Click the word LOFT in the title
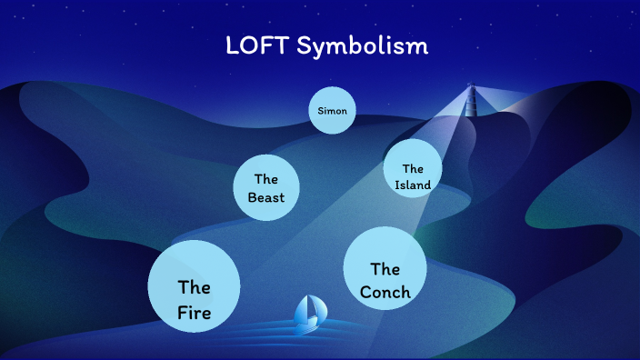[x=256, y=45]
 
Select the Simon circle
[x=331, y=111]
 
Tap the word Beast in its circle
[x=266, y=197]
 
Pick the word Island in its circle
[x=413, y=185]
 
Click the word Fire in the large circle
[x=194, y=314]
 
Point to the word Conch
[x=385, y=292]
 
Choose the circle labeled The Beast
[x=266, y=188]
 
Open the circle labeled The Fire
[x=194, y=287]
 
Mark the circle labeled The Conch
[x=385, y=269]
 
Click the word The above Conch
[x=385, y=269]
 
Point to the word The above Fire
[x=194, y=288]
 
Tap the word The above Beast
[x=266, y=179]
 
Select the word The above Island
[x=413, y=168]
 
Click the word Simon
[x=332, y=111]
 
